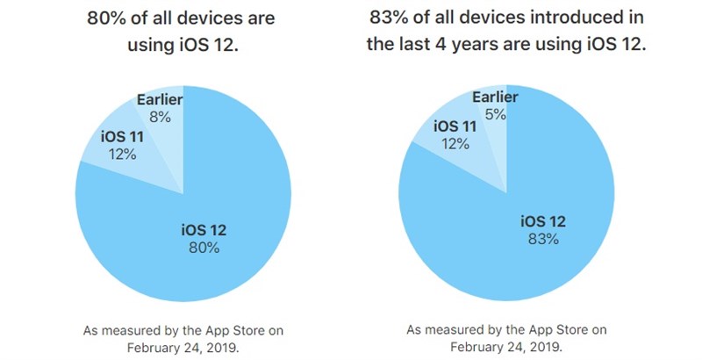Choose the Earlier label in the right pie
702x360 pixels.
tap(496, 97)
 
